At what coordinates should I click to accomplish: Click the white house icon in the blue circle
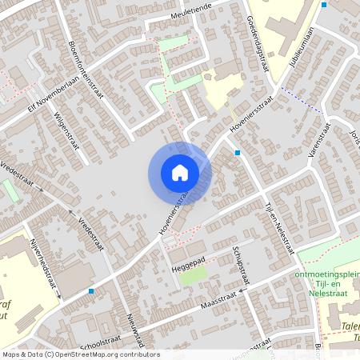[x=179, y=172]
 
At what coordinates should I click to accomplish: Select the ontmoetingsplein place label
[x=328, y=274]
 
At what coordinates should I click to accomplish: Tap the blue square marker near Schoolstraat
[x=92, y=291]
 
